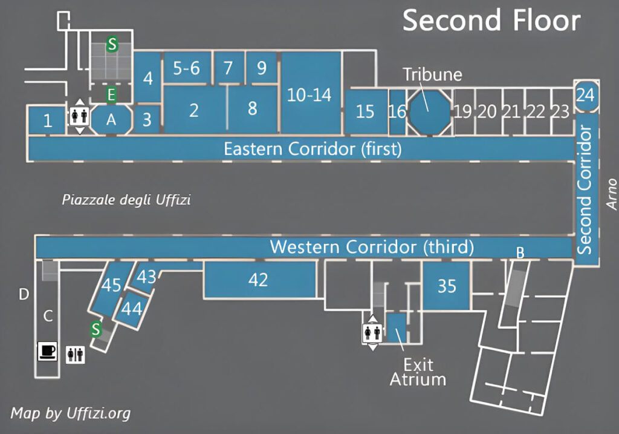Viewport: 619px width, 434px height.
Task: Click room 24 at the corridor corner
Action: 585,96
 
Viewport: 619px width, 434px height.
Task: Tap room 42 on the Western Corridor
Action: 259,280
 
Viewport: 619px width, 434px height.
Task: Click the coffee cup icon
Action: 47,350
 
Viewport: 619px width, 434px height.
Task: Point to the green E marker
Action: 111,94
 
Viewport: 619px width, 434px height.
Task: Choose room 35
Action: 447,285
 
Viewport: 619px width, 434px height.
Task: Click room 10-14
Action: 309,94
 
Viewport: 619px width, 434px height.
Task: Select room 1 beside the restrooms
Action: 47,121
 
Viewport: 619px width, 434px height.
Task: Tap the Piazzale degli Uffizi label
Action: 126,199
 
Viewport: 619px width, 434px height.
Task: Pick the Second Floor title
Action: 491,21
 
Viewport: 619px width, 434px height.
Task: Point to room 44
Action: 131,309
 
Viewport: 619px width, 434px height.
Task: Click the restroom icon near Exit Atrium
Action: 372,332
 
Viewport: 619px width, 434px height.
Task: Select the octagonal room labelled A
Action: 111,120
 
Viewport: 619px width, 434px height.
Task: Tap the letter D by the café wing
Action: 24,295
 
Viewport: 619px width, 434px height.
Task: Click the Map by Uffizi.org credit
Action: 70,414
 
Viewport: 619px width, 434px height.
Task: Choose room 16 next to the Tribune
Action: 397,112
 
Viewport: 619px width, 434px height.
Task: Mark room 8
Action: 253,108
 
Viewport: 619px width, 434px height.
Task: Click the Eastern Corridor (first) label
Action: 312,149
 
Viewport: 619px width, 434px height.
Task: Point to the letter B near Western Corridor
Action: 520,253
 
